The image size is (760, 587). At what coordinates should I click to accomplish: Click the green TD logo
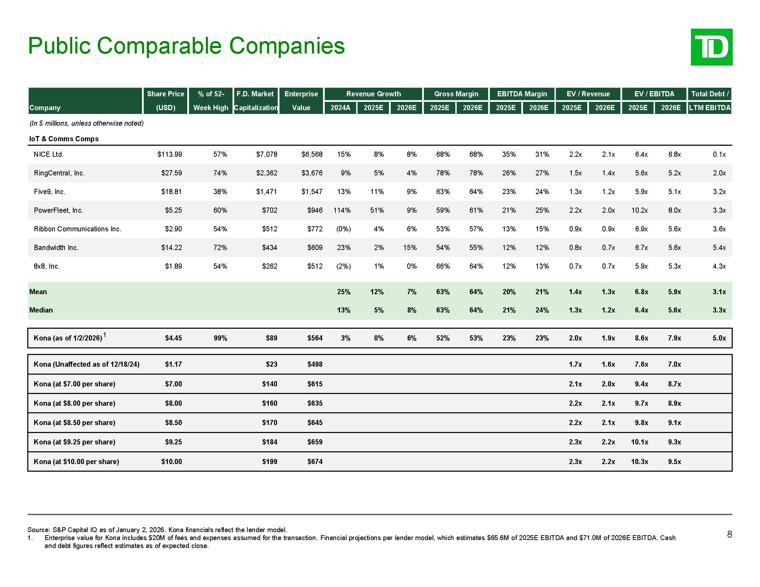711,47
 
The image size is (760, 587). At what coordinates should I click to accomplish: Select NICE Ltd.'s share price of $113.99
170,154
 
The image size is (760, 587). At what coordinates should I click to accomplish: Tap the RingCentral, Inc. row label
59,173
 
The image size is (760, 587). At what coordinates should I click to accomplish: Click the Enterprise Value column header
301,100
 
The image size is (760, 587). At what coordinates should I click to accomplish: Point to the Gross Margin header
456,94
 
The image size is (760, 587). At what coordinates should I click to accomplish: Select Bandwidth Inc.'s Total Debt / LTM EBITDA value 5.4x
719,248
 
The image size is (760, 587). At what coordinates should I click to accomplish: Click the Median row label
41,310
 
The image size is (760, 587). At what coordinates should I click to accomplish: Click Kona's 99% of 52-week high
220,338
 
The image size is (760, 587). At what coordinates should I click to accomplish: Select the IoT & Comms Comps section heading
64,139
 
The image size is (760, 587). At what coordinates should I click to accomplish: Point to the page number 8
729,535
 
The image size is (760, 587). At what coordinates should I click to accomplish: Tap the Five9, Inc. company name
49,192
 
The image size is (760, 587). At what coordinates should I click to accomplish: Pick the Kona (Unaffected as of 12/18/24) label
86,364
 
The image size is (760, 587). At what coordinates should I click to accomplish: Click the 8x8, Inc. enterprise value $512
315,266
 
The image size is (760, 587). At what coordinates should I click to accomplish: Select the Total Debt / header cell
710,94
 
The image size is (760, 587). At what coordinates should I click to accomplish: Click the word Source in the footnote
39,530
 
